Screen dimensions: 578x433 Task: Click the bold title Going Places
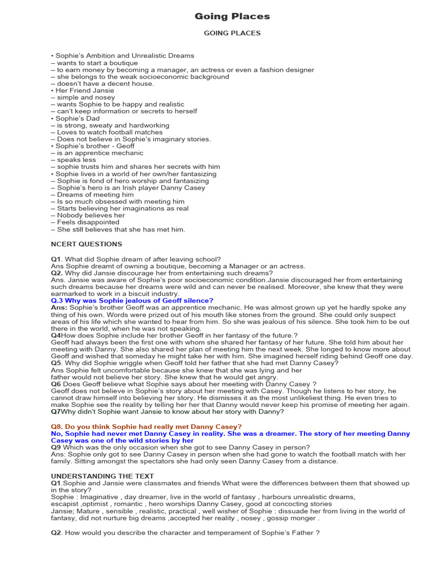(x=232, y=16)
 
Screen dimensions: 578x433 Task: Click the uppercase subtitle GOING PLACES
(x=232, y=33)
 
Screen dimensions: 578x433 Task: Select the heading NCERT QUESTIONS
(x=86, y=244)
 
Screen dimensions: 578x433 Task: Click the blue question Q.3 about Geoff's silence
(x=132, y=301)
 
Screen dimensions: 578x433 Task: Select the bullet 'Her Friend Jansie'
(x=84, y=90)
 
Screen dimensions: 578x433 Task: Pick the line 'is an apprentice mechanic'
(x=97, y=153)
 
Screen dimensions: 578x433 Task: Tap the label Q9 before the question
(x=56, y=448)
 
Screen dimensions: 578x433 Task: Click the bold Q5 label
(x=56, y=363)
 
